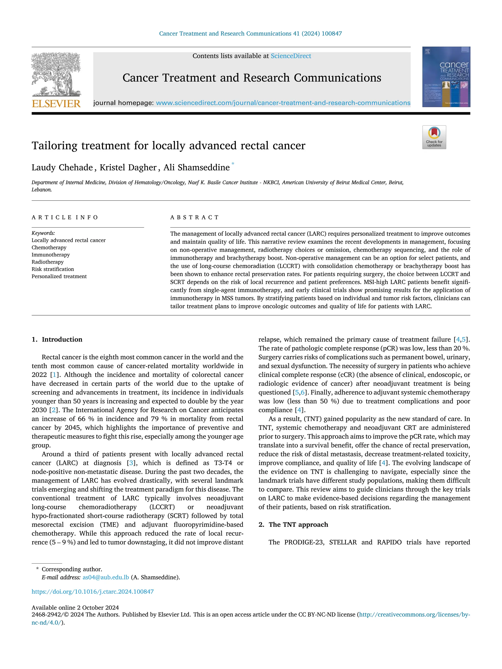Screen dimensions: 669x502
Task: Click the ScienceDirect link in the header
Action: [291, 56]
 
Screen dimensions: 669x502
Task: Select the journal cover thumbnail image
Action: [446, 77]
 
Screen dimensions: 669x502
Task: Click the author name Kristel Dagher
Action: [128, 168]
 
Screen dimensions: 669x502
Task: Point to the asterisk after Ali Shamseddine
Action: [233, 164]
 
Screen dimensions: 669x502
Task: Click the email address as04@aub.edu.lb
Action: [106, 577]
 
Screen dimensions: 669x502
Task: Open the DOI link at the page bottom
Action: [93, 591]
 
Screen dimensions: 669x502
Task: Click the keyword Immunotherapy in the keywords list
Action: [50, 255]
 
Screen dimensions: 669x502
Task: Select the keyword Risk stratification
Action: [53, 269]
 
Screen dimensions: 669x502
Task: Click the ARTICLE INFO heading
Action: [65, 218]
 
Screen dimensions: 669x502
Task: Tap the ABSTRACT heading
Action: [194, 218]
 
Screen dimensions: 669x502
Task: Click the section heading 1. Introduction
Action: [57, 339]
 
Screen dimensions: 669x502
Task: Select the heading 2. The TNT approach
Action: [293, 524]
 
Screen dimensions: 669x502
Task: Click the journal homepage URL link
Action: [283, 103]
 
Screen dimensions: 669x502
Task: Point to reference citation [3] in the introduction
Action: [131, 463]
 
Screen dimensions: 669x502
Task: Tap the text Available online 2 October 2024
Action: [75, 608]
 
